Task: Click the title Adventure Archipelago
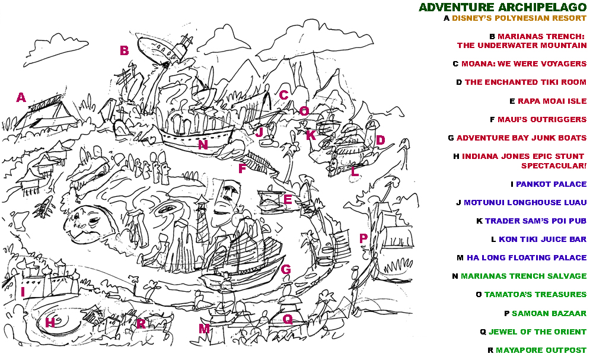click(x=502, y=7)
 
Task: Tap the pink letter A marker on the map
click(x=21, y=98)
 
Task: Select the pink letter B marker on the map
click(x=124, y=51)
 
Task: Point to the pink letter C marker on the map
click(x=283, y=95)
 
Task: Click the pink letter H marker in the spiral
click(x=50, y=322)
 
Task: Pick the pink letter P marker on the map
click(x=364, y=238)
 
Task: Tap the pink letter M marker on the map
click(x=203, y=328)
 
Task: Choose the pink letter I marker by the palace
click(x=23, y=292)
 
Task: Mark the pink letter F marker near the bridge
click(x=242, y=168)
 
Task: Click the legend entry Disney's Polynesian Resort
click(x=519, y=18)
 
